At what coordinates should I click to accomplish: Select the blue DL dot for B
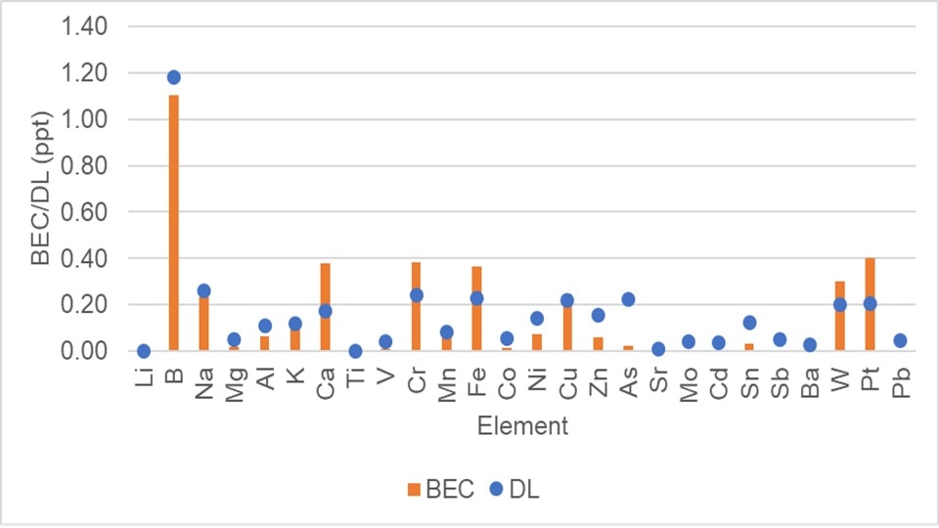(174, 77)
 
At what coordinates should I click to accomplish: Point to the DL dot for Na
(203, 290)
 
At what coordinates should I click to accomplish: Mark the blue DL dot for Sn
(748, 323)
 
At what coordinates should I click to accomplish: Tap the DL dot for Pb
(900, 340)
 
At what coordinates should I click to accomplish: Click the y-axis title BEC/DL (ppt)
(39, 189)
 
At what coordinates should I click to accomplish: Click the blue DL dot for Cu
(566, 300)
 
